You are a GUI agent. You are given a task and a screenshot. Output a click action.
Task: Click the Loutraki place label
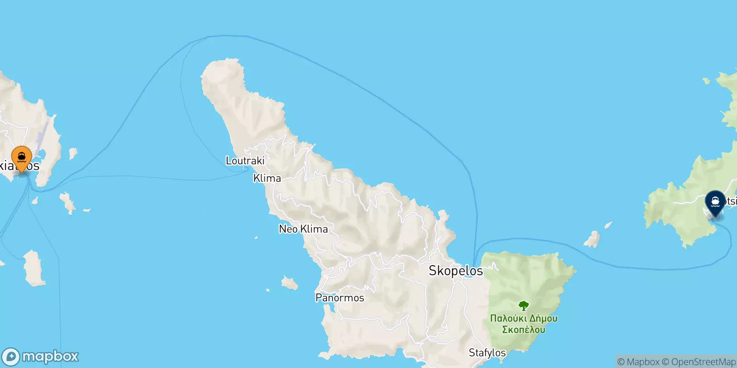pos(245,161)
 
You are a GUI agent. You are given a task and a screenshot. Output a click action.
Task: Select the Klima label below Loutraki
pos(267,178)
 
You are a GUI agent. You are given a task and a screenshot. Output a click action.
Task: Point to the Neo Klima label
pos(304,229)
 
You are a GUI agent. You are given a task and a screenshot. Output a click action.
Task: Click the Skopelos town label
pos(456,270)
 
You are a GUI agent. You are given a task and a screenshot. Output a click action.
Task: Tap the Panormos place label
pos(339,298)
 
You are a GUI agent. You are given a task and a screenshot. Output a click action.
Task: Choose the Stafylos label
pos(487,353)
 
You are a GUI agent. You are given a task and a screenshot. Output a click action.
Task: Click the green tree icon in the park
pos(523,306)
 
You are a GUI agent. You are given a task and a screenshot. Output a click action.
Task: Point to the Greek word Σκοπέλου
pos(523,329)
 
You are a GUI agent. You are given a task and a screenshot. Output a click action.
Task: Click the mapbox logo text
pos(50,356)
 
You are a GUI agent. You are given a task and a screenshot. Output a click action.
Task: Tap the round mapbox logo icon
pos(11,356)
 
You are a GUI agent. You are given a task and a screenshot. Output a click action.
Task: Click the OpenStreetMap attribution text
pos(703,362)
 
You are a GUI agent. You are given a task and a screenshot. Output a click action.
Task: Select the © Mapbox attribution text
pos(638,362)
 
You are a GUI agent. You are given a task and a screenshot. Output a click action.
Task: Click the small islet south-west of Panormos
pos(289,283)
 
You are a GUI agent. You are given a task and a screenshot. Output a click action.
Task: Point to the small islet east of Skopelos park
pos(592,239)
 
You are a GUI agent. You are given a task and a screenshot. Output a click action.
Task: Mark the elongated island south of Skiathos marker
pos(34,268)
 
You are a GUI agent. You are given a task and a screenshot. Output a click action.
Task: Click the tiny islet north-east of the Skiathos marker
pos(72,154)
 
